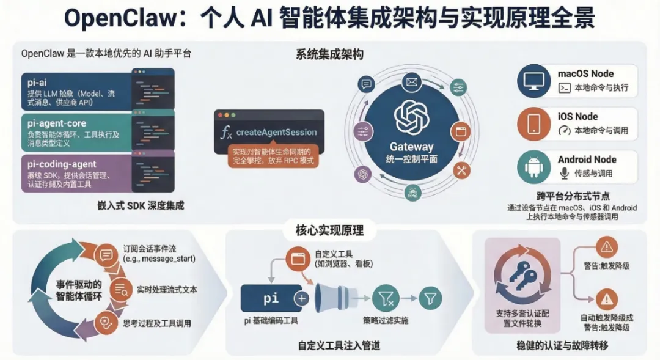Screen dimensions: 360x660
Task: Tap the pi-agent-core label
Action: click(x=57, y=123)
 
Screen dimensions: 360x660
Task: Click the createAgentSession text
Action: click(x=276, y=132)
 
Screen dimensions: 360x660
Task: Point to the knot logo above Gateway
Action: click(x=412, y=116)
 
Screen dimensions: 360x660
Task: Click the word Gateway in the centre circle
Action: click(x=412, y=147)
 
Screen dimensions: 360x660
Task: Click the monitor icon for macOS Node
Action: click(x=534, y=81)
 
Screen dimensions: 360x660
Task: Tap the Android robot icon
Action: click(x=534, y=166)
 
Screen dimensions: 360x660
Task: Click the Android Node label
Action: click(x=587, y=160)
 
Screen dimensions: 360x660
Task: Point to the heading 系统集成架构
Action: click(x=329, y=54)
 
